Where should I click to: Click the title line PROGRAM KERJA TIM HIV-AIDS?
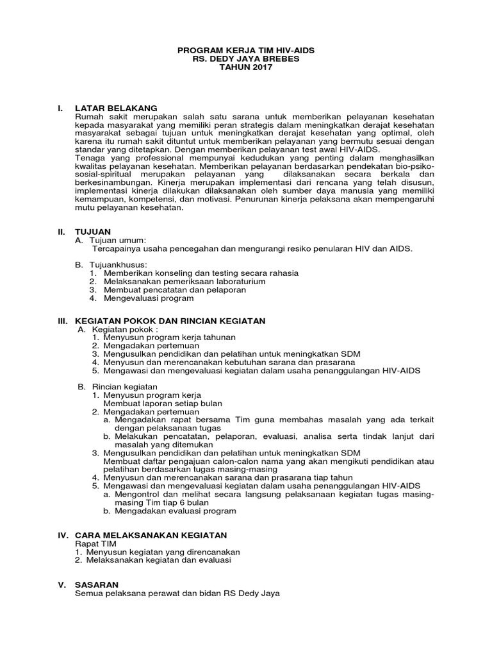pyautogui.click(x=245, y=49)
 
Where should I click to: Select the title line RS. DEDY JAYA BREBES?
pyautogui.click(x=245, y=58)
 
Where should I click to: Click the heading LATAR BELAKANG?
pyautogui.click(x=115, y=108)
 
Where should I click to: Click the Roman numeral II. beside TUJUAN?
pyautogui.click(x=63, y=230)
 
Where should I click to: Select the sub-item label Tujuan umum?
pyautogui.click(x=120, y=239)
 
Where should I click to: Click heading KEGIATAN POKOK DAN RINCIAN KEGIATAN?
pyautogui.click(x=170, y=320)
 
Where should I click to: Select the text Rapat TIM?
pyautogui.click(x=95, y=543)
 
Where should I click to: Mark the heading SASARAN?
pyautogui.click(x=97, y=584)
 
